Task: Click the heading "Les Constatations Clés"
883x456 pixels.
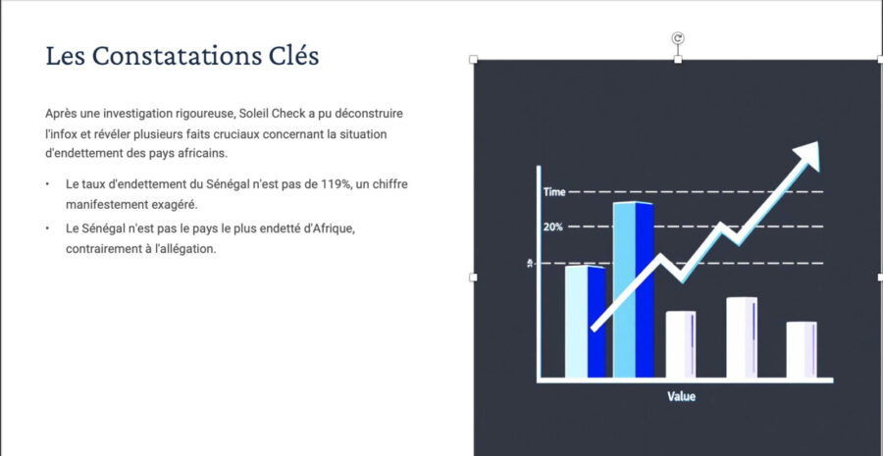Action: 182,56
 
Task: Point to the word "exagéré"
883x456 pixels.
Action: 178,204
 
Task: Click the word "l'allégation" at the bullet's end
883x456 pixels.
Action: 188,249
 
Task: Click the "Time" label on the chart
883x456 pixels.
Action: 554,192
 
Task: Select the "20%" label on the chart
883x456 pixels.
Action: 553,227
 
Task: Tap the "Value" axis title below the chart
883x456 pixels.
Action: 682,396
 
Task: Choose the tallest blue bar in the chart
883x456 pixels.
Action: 634,289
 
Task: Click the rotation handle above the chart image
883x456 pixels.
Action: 678,38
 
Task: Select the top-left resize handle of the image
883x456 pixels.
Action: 473,59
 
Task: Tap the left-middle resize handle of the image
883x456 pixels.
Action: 473,277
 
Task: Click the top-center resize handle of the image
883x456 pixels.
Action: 678,59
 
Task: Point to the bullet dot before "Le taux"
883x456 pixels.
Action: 48,184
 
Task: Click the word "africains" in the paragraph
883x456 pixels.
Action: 207,153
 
